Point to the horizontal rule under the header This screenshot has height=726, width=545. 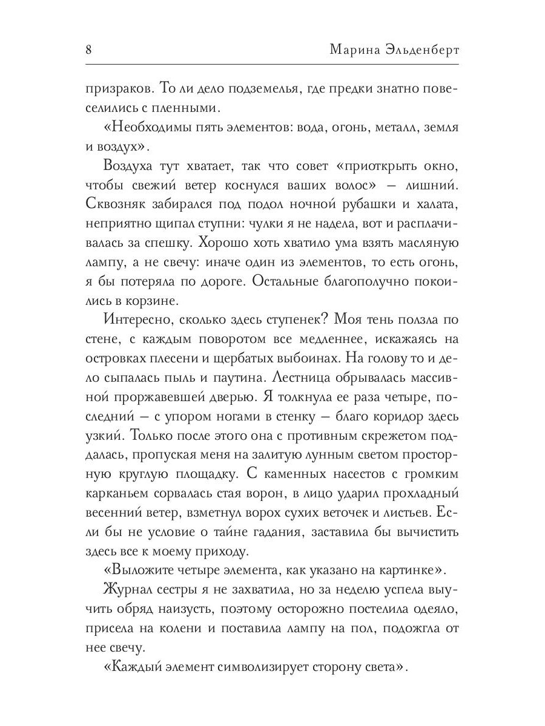272,64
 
